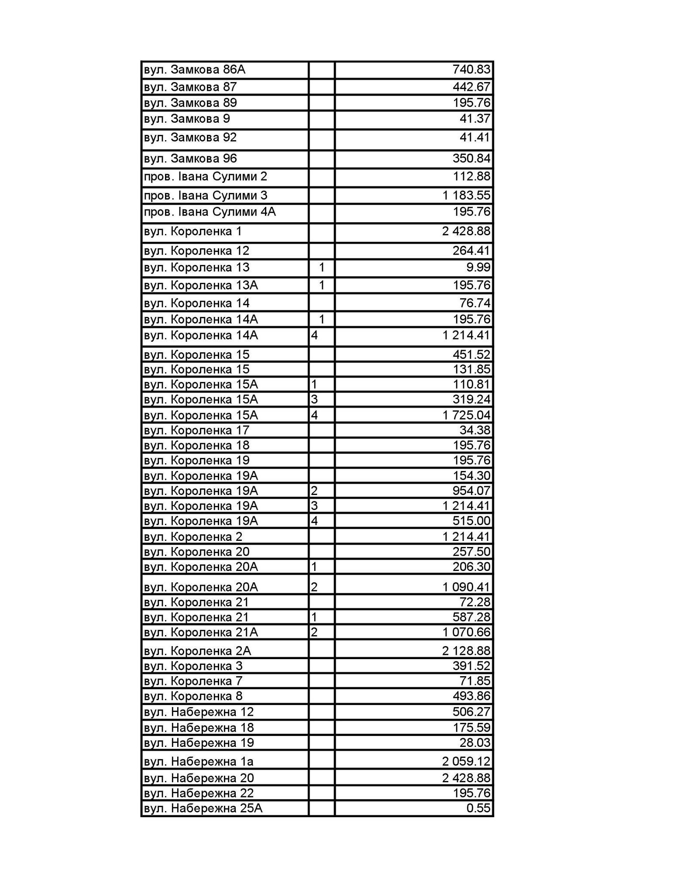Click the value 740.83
[x=471, y=70]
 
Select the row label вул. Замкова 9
[x=187, y=119]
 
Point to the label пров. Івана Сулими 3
[x=206, y=195]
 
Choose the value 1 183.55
[x=466, y=195]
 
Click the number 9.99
[x=478, y=267]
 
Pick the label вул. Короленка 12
[x=196, y=251]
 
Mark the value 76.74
[x=475, y=303]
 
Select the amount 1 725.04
[x=466, y=415]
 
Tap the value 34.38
[x=475, y=430]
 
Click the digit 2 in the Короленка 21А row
[x=314, y=633]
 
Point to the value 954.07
[x=471, y=491]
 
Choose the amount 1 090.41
[x=466, y=587]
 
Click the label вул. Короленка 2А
[x=197, y=651]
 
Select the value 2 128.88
[x=466, y=651]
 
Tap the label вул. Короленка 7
[x=193, y=681]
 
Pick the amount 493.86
[x=471, y=696]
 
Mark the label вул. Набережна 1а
[x=199, y=762]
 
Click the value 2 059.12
[x=466, y=762]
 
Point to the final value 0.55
[x=478, y=808]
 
